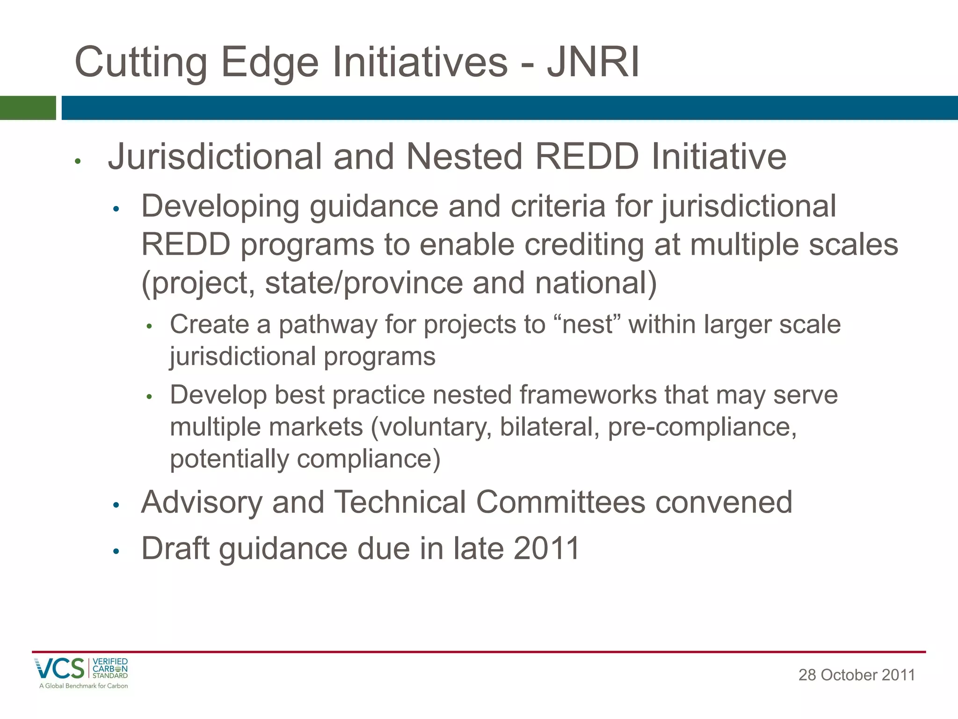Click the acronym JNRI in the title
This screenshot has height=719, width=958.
point(593,62)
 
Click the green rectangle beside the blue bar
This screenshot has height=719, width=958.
point(28,108)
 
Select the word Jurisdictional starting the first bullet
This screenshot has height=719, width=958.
point(215,157)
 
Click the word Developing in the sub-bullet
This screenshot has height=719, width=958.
point(220,207)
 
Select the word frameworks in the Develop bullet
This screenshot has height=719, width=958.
point(588,395)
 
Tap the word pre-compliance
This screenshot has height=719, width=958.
point(702,427)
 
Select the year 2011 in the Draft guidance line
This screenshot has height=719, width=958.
point(546,548)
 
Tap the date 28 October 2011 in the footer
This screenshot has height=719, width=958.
point(856,675)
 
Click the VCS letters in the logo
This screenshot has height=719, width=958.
point(59,668)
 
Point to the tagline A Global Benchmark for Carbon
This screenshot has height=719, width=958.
point(83,686)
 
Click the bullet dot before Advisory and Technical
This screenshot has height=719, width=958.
point(116,505)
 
